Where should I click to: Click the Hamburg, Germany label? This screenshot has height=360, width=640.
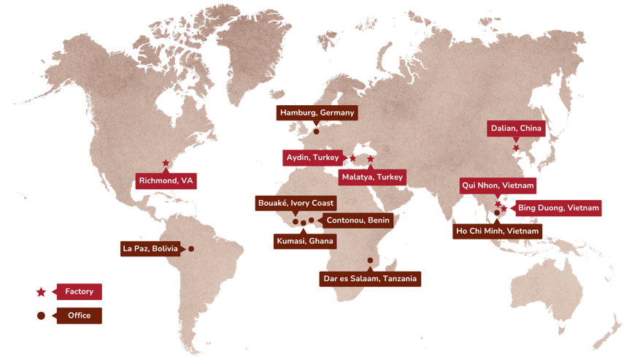(x=317, y=112)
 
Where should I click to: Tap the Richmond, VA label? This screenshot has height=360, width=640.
(x=166, y=180)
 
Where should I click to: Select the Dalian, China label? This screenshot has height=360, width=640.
(x=516, y=129)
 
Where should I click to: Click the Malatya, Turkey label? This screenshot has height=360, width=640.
(x=371, y=177)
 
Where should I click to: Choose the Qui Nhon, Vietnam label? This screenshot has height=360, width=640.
(x=498, y=185)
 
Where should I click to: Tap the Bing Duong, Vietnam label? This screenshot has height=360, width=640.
(x=558, y=208)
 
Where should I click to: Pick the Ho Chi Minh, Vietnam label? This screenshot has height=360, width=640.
(x=497, y=231)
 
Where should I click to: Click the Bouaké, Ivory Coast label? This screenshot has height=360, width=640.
(x=295, y=203)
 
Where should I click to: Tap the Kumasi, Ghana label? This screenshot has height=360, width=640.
(x=304, y=241)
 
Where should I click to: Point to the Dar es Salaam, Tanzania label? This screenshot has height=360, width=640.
(x=370, y=278)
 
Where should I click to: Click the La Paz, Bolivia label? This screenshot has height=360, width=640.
(x=150, y=249)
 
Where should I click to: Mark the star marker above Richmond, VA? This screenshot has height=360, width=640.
(x=166, y=163)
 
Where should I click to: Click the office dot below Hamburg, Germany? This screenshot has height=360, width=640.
(x=316, y=132)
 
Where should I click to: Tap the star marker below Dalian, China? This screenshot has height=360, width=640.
(x=516, y=148)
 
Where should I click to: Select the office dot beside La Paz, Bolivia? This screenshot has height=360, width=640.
(x=191, y=249)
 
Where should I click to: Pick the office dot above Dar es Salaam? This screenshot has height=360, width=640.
(x=370, y=261)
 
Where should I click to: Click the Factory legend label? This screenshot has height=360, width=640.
(x=79, y=291)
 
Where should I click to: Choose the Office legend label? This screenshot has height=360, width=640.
(x=79, y=315)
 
